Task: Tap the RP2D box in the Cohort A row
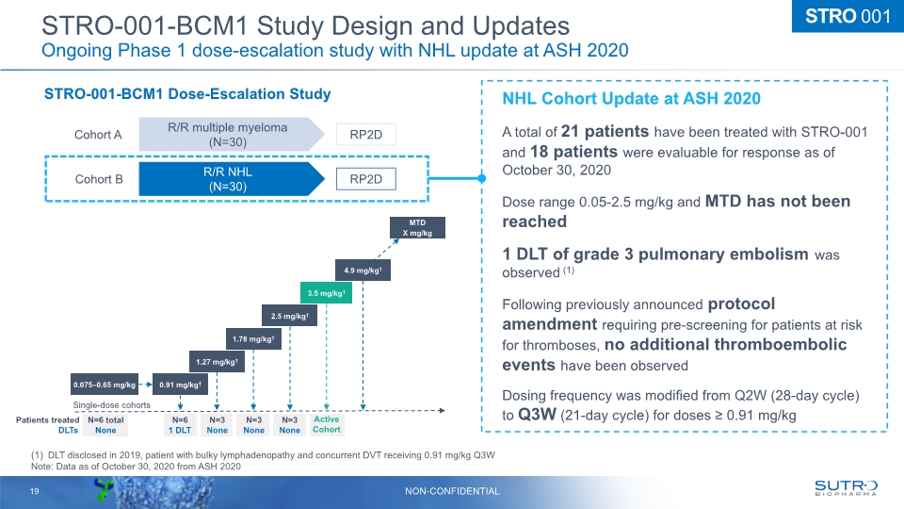366,134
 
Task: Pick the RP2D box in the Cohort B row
366,178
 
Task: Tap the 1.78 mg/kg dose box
253,337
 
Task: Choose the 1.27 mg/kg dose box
217,360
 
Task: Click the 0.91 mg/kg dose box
181,384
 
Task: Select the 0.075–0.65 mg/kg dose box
105,384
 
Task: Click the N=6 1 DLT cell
181,424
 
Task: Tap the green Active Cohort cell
327,424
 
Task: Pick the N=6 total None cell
100,424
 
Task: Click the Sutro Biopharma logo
846,486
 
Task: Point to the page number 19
33,490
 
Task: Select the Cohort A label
99,135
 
